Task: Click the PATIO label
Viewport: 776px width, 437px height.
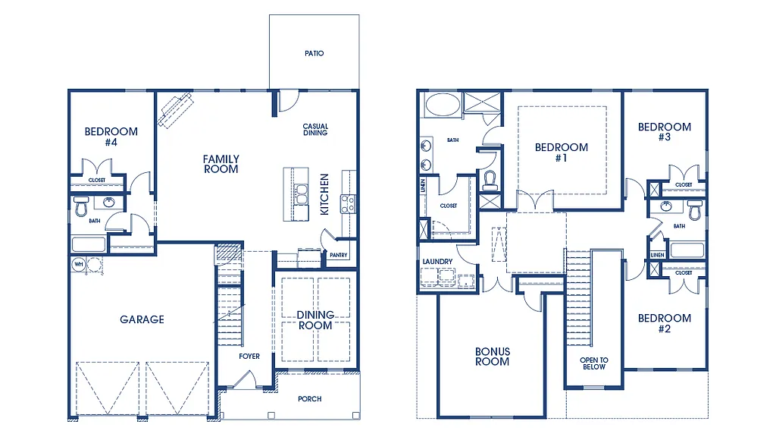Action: (x=314, y=54)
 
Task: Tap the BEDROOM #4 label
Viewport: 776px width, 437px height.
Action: (x=111, y=137)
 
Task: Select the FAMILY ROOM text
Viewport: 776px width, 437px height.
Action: (x=221, y=164)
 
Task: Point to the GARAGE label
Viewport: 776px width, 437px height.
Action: (x=142, y=319)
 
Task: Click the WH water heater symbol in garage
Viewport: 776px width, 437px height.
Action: (x=78, y=264)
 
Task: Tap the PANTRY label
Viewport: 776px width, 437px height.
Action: (x=338, y=256)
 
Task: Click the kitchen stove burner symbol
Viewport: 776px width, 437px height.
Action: (x=349, y=203)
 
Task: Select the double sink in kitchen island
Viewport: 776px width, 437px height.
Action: (x=301, y=195)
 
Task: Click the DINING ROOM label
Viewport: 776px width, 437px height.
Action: (x=315, y=320)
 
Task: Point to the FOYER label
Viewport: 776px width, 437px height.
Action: (x=249, y=357)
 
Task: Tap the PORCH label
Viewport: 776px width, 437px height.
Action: (x=309, y=399)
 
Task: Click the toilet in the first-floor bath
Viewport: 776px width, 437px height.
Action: (x=81, y=206)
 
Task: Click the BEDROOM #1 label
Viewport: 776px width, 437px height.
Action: (x=561, y=152)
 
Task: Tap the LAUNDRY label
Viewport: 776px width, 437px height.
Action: (x=437, y=262)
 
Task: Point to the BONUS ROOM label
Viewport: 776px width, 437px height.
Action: (x=492, y=357)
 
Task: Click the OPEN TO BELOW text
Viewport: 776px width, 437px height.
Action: (x=593, y=363)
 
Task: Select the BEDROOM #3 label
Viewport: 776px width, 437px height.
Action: (x=664, y=132)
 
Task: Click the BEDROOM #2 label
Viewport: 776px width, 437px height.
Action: (x=664, y=323)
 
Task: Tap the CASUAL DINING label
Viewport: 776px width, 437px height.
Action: (x=315, y=130)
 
